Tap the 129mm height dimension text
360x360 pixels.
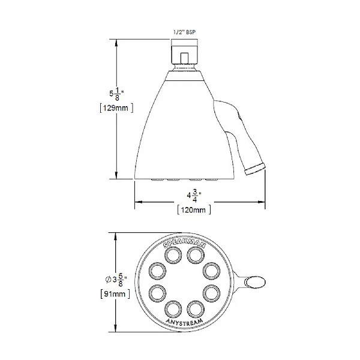pos(113,107)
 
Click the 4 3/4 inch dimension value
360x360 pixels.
pos(194,196)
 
